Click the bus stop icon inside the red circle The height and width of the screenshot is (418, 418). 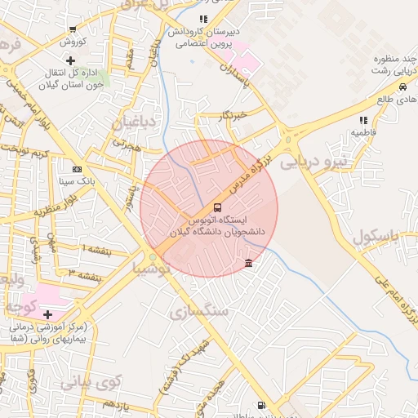pos(217,208)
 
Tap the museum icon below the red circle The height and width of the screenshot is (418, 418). pos(248,262)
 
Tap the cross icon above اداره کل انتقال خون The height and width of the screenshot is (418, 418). pos(71,60)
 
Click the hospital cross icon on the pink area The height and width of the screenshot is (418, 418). pos(47,314)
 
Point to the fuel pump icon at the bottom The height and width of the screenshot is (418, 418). pos(260,404)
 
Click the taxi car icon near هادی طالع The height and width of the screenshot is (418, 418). pos(402,87)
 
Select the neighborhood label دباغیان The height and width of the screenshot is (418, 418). pos(133,124)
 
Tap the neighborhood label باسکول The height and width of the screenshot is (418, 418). pos(378,238)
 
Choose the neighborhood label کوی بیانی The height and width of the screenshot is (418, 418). pos(91,380)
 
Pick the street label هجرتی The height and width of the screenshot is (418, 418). pos(127,143)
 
